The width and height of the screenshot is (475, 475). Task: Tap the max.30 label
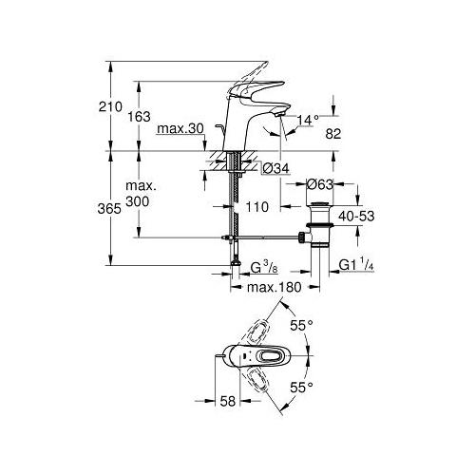coord(183,128)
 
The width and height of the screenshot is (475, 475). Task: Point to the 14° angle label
coord(307,121)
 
